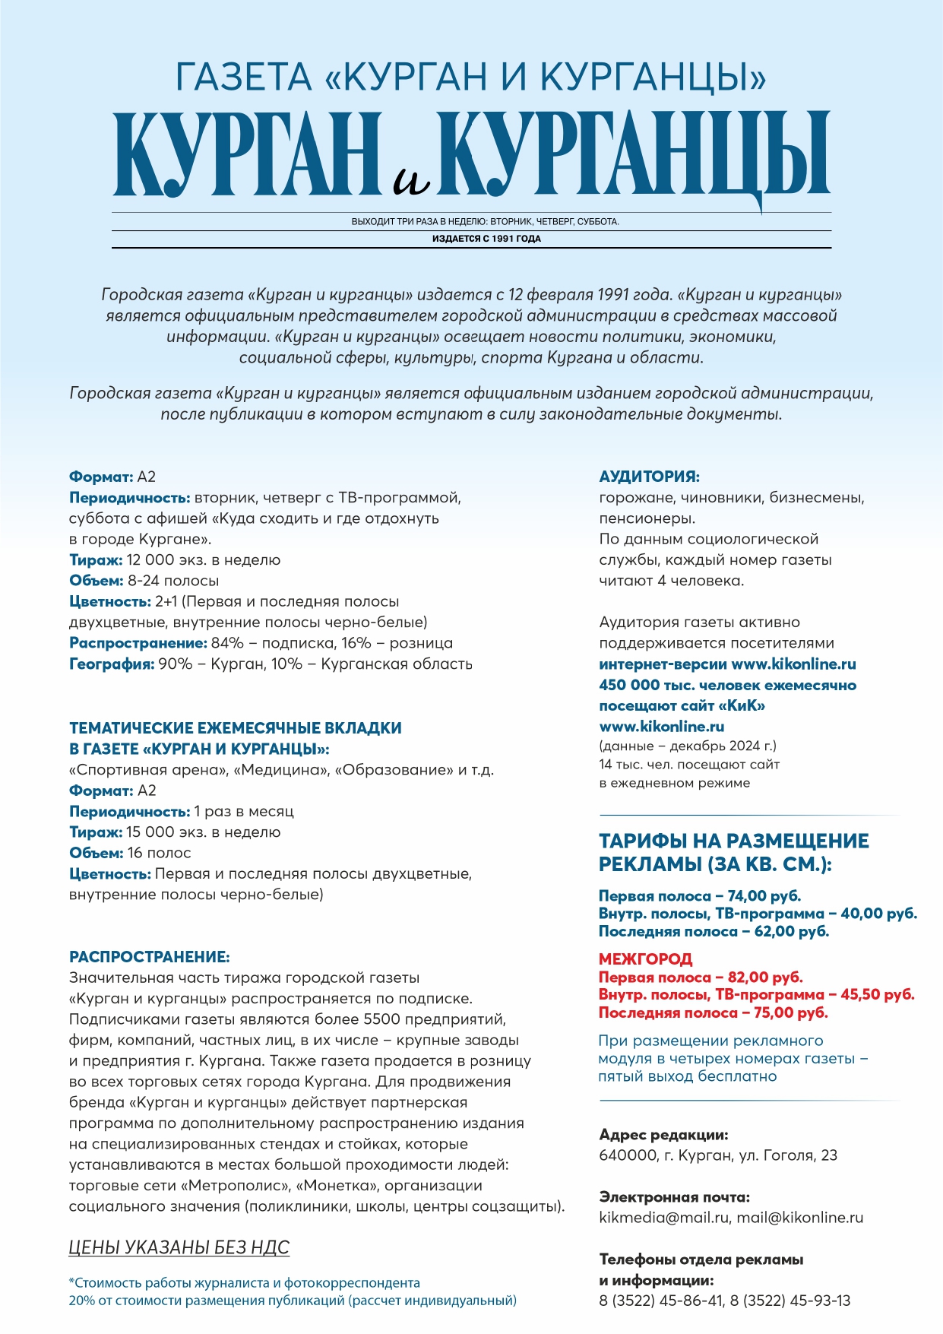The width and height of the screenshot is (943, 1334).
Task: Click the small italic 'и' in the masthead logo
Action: [412, 179]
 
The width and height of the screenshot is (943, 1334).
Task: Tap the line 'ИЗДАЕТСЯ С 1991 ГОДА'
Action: [486, 239]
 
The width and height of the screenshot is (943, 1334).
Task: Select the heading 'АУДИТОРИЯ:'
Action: [649, 477]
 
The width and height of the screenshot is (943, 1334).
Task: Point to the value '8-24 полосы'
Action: [173, 581]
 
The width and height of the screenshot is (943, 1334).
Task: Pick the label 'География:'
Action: [112, 664]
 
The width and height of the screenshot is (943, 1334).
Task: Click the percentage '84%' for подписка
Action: [227, 643]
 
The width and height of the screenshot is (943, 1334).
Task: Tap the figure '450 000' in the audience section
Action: [628, 685]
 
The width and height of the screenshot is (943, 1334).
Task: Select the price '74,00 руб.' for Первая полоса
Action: [764, 895]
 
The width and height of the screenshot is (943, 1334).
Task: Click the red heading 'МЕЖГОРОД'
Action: [645, 959]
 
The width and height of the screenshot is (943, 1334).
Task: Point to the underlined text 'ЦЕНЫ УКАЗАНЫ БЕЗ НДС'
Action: [179, 1247]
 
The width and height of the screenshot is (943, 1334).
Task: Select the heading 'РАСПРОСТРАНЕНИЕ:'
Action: [149, 957]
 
